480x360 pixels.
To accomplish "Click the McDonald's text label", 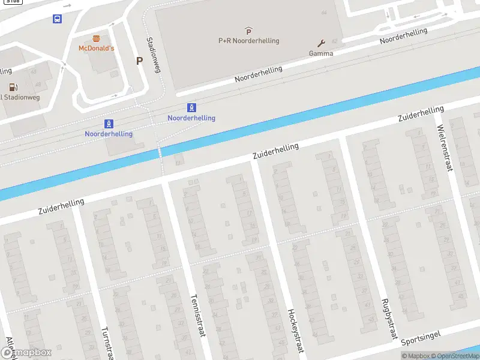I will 96,48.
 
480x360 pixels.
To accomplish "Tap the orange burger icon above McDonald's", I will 96,38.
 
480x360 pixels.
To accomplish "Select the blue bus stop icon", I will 57,19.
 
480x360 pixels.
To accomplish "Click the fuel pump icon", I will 13,88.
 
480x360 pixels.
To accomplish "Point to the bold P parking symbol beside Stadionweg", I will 139,61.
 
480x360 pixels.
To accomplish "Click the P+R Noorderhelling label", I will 248,41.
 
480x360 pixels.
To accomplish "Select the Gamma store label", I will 321,53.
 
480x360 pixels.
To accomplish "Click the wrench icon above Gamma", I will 321,43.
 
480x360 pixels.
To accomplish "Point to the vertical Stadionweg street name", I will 154,55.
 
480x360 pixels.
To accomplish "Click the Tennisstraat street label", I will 197,315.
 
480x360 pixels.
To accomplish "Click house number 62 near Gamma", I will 334,41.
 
